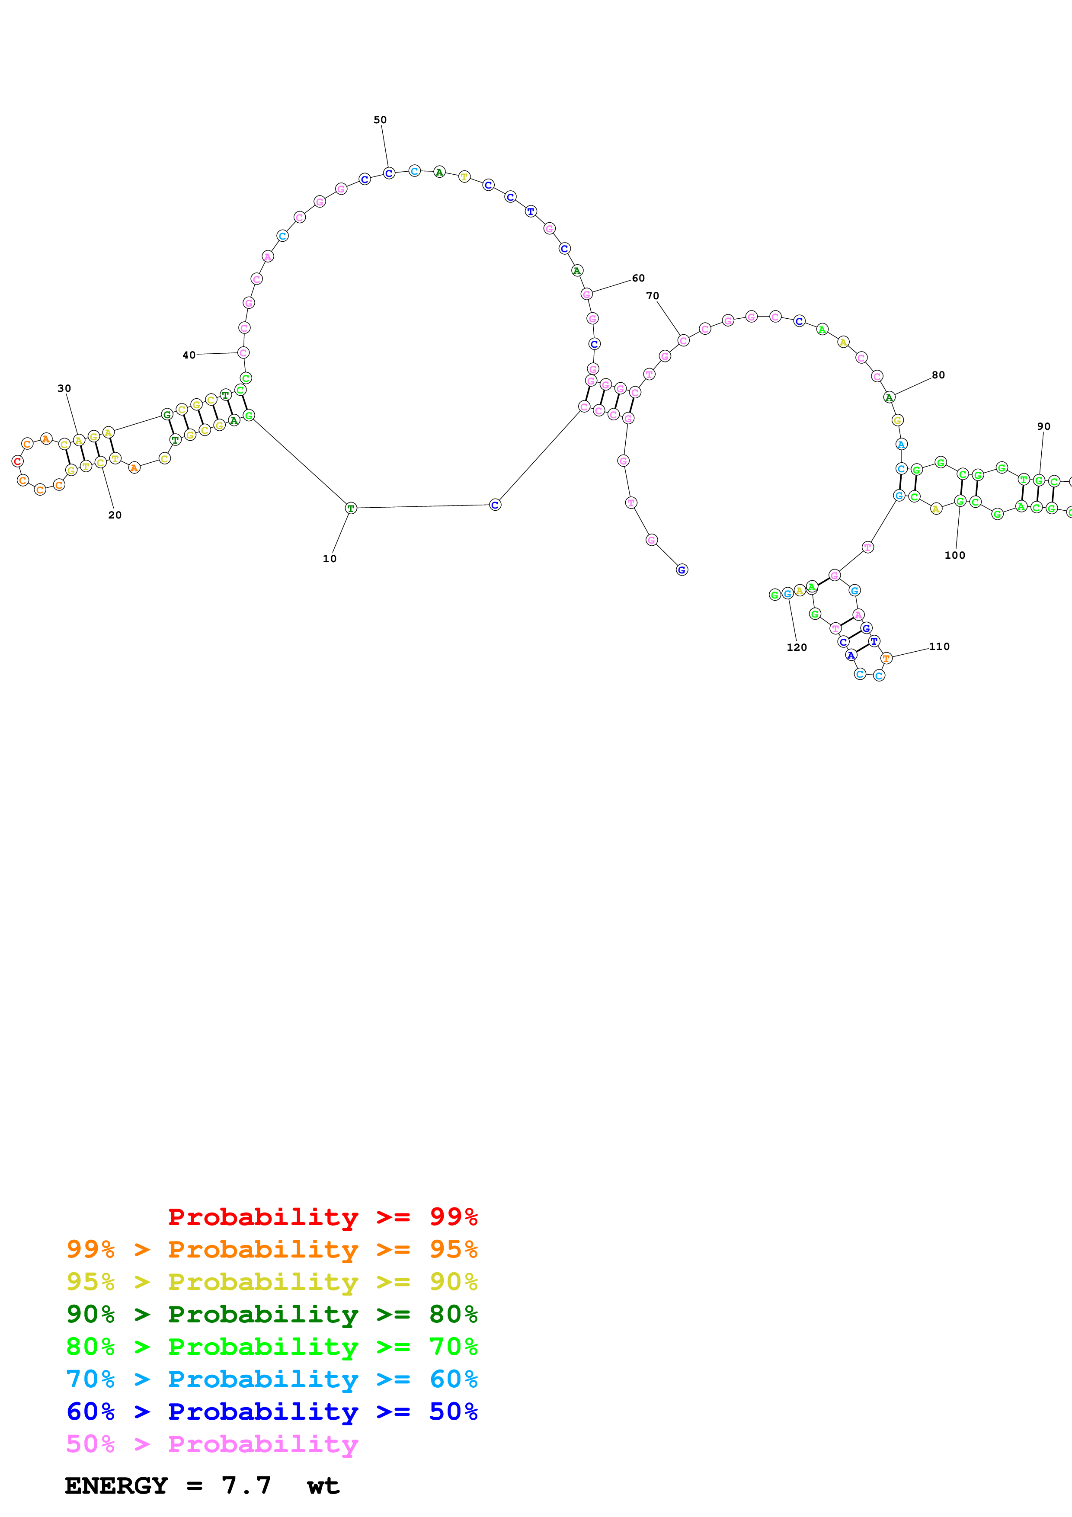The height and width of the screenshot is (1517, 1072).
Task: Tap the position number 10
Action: point(330,558)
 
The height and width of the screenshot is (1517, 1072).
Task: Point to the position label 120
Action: point(797,647)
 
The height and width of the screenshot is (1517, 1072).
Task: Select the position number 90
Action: point(1043,426)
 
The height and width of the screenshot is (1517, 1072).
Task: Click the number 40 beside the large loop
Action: point(189,355)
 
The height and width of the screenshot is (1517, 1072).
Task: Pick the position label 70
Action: point(653,295)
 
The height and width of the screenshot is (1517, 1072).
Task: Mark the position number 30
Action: point(64,388)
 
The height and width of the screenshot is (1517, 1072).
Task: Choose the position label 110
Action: point(939,646)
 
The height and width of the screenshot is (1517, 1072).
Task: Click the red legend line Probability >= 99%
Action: point(322,1216)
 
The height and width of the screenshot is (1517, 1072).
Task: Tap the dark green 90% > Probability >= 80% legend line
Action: point(272,1314)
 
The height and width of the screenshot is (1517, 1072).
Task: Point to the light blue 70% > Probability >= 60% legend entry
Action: point(272,1379)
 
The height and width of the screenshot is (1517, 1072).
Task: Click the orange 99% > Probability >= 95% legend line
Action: point(272,1249)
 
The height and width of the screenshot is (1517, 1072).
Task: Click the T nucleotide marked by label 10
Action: point(351,508)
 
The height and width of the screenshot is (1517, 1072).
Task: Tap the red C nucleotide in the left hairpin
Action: point(18,461)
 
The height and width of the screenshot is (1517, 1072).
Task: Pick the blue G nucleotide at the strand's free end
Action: point(682,570)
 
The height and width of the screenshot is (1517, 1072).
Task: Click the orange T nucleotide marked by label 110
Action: point(886,658)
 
